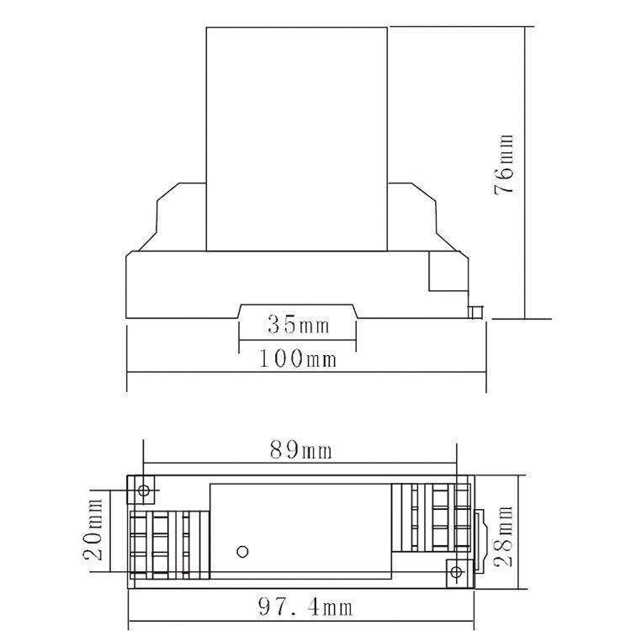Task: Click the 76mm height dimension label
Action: (x=504, y=165)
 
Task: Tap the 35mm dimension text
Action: (x=298, y=325)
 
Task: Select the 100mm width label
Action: (x=297, y=358)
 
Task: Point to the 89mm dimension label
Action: (x=300, y=449)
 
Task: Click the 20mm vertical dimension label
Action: (x=93, y=529)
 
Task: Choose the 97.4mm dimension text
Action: (x=305, y=607)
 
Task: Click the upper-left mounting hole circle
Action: (x=144, y=490)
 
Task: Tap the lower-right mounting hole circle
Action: (x=456, y=572)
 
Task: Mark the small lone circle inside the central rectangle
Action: (x=242, y=551)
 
